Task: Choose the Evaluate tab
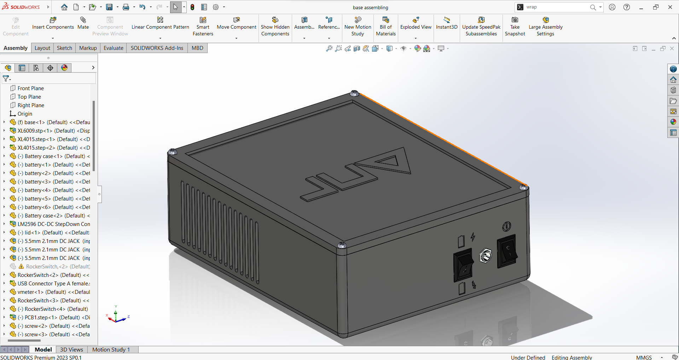click(113, 48)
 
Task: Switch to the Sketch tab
click(64, 48)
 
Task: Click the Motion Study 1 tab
click(111, 349)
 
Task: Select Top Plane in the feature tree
click(29, 97)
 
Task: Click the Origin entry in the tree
click(25, 114)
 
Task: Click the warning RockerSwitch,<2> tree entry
click(57, 267)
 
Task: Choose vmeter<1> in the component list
click(53, 292)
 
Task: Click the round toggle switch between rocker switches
click(485, 255)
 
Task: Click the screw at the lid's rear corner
click(354, 93)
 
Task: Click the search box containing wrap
click(555, 7)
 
